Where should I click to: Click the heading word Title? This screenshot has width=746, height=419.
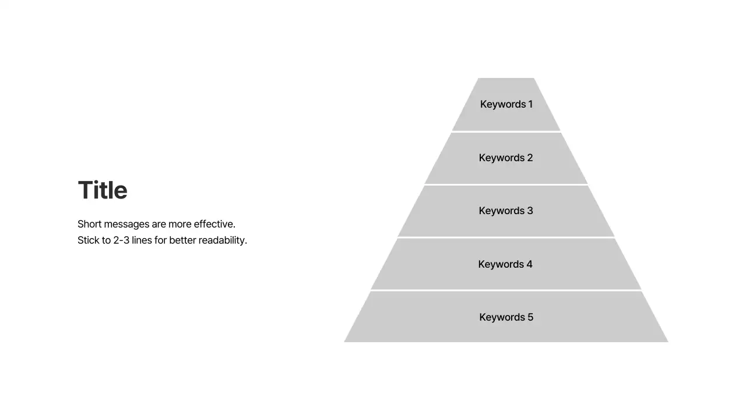[103, 190]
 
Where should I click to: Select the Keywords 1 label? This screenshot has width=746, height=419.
[506, 104]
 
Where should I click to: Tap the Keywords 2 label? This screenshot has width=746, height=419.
[505, 158]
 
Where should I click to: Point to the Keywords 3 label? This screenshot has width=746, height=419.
[505, 211]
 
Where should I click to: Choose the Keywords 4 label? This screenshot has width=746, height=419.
[505, 264]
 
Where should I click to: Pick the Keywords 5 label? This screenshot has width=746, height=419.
[506, 317]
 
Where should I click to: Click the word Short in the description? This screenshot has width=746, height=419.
[89, 224]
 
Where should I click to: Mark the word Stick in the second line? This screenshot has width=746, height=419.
[88, 240]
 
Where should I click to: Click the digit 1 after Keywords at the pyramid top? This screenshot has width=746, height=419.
[530, 104]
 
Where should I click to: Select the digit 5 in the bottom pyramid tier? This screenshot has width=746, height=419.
[530, 317]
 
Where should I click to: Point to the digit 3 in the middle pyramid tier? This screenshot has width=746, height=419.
[530, 211]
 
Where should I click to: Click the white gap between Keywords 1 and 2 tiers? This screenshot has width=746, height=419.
[506, 132]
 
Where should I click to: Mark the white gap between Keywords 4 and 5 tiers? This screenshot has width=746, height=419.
[506, 290]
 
